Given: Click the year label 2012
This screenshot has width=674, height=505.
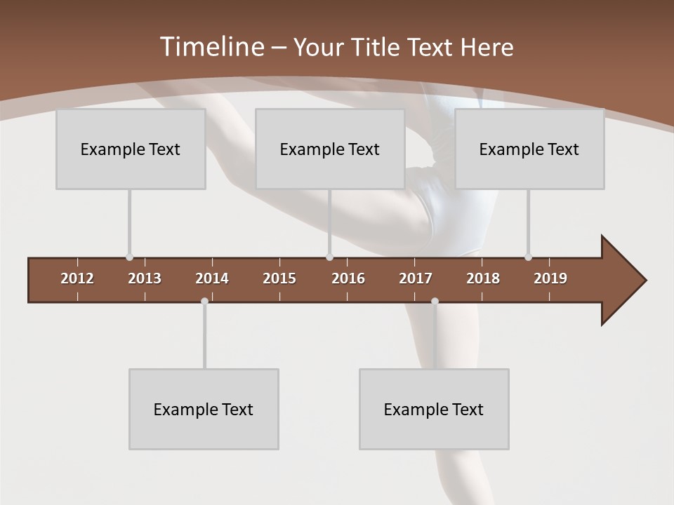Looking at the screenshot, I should [77, 278].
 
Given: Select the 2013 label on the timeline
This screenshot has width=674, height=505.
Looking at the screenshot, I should [145, 278].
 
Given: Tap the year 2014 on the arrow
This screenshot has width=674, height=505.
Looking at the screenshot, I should [212, 278].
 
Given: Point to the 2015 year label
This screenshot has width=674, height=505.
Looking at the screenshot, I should [279, 278].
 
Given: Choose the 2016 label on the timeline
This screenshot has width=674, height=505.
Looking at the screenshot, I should [348, 278].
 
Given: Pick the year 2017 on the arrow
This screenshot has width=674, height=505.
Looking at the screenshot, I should [416, 278].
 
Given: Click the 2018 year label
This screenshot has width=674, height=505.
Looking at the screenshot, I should [483, 278].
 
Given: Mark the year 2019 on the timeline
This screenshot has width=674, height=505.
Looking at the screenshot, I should [550, 278].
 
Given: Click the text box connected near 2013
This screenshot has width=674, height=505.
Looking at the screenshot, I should [131, 149].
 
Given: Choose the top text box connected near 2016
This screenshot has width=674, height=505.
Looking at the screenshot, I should [330, 149].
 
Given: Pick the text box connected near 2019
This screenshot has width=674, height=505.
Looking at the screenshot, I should [529, 149].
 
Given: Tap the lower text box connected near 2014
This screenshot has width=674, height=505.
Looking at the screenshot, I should [204, 409].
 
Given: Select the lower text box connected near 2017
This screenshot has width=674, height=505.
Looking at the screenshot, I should [434, 409].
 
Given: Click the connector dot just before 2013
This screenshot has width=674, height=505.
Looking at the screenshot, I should [129, 257].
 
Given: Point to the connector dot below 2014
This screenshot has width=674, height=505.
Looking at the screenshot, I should [204, 302].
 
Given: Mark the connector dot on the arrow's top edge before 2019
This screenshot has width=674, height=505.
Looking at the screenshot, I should [528, 257].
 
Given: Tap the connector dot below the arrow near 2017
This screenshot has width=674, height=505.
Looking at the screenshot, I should [435, 302].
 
